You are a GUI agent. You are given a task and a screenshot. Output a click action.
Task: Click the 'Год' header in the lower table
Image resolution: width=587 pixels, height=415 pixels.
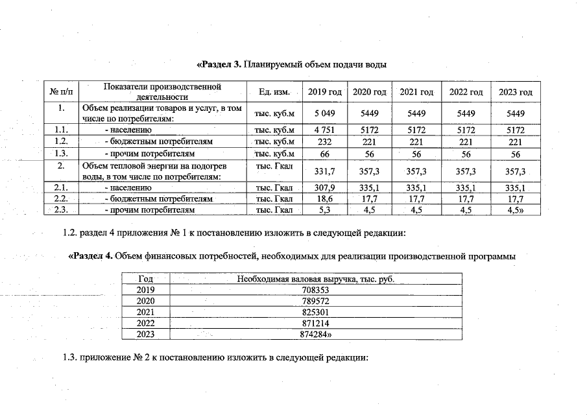point(145,279)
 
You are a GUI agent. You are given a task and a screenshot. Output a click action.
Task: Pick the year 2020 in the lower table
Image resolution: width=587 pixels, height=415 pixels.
point(145,301)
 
